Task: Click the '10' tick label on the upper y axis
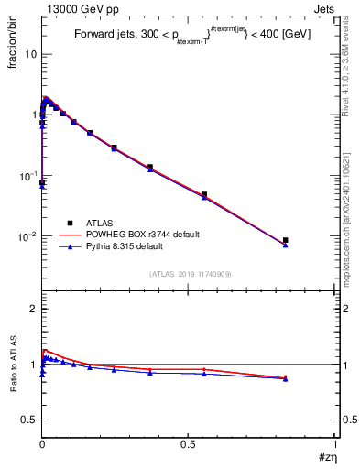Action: click(x=30, y=54)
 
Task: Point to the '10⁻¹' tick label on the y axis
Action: click(x=27, y=175)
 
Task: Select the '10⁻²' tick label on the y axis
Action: click(x=27, y=235)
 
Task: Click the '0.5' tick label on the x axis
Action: click(x=189, y=443)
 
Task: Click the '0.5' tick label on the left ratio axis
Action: click(x=28, y=420)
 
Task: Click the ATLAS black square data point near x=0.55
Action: click(x=204, y=194)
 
